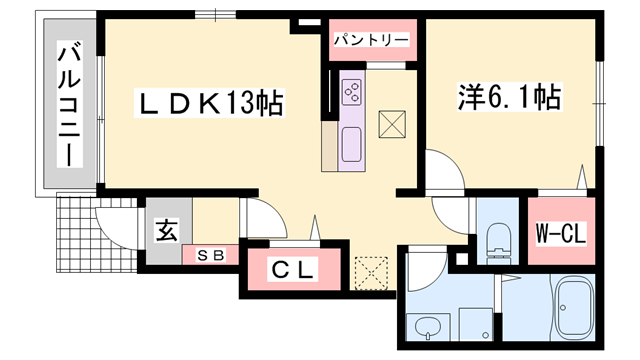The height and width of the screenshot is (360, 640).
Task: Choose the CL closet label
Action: pos(294,269)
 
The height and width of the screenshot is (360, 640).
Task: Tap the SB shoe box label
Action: pos(209,256)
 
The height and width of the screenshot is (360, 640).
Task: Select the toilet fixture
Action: pos(498,238)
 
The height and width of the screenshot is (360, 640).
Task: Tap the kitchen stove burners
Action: pos(353,92)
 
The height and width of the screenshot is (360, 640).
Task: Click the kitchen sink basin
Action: pos(351,146)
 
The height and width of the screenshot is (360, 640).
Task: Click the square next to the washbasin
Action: pos(472,324)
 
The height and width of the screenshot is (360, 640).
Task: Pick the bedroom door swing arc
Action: pos(441,165)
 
